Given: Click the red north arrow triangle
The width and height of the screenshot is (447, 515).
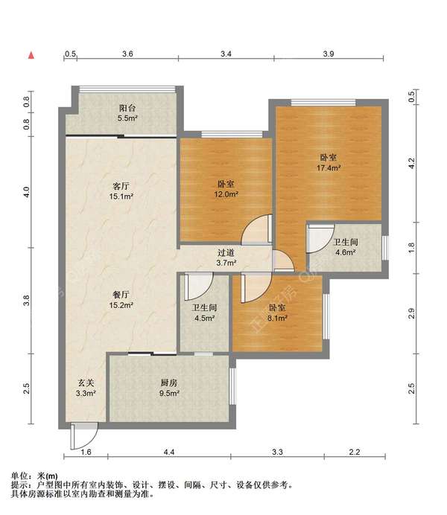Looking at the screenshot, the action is coord(31,55).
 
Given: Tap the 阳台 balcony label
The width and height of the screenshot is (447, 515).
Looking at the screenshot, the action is coord(127,108).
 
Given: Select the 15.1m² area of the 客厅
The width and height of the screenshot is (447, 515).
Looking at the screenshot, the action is coord(121,196).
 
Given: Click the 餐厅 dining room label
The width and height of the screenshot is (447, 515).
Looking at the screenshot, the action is coord(121,295).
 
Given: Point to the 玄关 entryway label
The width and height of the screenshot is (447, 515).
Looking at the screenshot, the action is coord(86,383).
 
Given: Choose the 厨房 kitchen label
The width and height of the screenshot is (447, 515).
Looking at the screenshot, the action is coord(169,383).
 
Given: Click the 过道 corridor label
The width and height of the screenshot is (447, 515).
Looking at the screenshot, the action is coord(226,252).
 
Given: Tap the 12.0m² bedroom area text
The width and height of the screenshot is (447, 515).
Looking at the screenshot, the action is coord(226,194).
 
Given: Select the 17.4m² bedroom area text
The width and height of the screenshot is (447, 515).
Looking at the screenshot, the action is coord(329,168).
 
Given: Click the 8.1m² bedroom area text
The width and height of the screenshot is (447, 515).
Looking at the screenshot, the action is coord(277,318).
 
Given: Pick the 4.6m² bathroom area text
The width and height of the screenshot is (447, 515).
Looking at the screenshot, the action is coord(346,252).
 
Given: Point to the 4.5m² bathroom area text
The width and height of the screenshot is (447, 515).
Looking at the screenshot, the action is coord(204,318).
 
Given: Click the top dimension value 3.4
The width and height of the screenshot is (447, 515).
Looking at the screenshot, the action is coord(226,54).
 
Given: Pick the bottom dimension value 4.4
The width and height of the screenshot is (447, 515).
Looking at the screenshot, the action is coord(169,452).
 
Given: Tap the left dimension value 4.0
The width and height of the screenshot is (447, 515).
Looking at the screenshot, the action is coord(27,192).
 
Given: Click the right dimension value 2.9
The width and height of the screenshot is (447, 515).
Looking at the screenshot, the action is coord(411,313).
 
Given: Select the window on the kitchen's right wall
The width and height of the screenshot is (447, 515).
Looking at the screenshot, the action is coord(232,386).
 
